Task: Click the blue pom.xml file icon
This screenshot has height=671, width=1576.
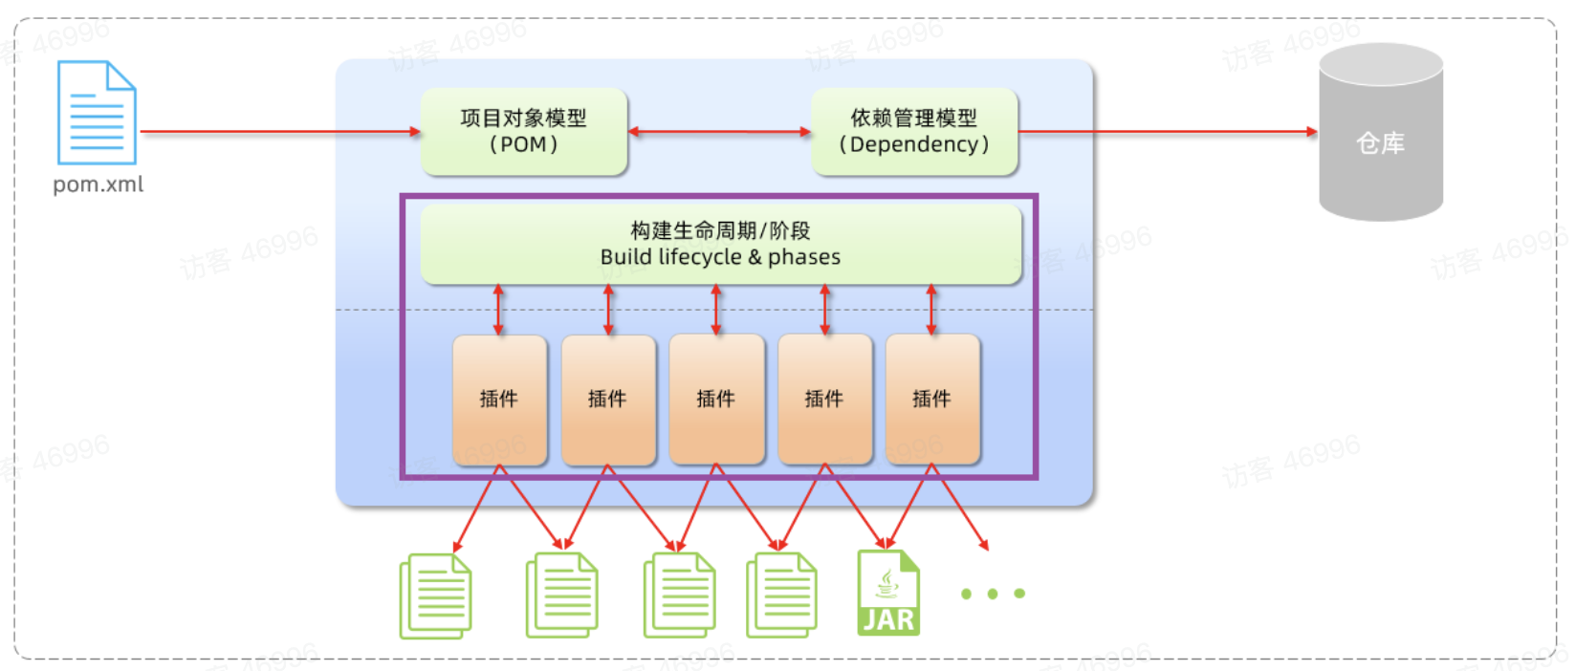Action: [97, 113]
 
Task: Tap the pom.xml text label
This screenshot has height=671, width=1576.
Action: [98, 184]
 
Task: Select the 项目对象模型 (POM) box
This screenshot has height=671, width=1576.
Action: [523, 132]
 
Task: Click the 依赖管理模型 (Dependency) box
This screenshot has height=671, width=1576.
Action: [913, 132]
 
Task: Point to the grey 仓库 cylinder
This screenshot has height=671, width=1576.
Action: [1380, 134]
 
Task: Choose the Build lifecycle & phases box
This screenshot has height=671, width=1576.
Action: [720, 244]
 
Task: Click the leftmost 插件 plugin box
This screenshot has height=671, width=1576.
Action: [499, 399]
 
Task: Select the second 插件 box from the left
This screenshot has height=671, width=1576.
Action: [607, 399]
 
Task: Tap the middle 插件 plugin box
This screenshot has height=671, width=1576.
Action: [716, 399]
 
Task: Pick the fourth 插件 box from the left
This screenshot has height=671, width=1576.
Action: [824, 399]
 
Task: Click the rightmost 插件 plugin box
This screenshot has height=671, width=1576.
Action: [932, 399]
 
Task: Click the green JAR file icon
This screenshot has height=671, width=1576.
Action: [888, 593]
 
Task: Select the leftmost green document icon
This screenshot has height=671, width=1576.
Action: [436, 596]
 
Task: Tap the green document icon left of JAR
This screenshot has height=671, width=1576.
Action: [781, 596]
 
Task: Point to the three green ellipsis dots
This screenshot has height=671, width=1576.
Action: [993, 594]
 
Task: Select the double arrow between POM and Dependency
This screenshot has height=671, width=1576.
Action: [719, 132]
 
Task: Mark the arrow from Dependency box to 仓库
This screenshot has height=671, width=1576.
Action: [1167, 132]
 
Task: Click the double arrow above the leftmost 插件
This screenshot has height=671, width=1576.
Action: [498, 310]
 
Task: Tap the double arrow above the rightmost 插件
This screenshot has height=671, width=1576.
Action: [931, 310]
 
